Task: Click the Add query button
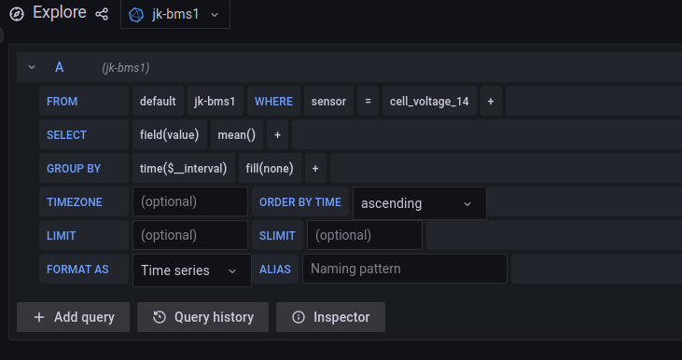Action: tap(74, 317)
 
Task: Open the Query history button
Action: tap(202, 317)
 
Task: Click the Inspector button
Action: tap(330, 317)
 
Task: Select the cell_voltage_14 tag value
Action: tap(429, 101)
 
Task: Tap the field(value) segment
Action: tap(170, 134)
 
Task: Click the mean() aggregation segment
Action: tap(237, 134)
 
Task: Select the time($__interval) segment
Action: tap(183, 169)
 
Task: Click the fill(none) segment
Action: tap(270, 169)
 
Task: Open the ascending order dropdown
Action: tap(419, 202)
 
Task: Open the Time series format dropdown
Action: tap(191, 270)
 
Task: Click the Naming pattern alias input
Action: tap(404, 270)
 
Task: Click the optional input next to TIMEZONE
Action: tap(190, 201)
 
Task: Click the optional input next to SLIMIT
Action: tap(364, 235)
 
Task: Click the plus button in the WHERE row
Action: tap(491, 101)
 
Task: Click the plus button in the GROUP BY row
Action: tap(315, 169)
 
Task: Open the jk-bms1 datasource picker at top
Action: tap(174, 15)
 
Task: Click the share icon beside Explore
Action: tap(102, 15)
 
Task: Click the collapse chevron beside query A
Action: tap(32, 67)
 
